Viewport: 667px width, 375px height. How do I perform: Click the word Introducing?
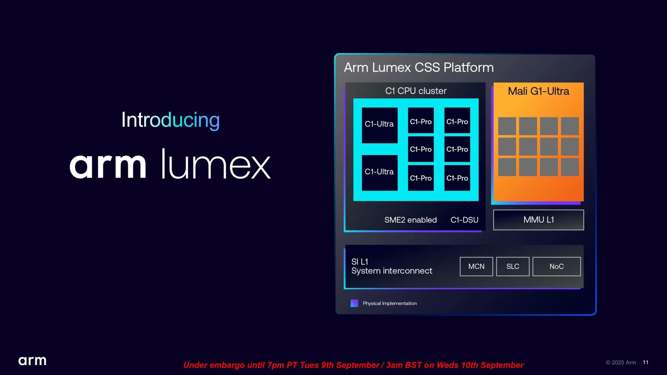171,120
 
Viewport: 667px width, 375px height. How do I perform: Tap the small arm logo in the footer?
32,361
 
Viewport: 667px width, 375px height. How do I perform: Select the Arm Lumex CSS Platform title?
419,67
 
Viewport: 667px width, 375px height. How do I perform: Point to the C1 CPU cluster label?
416,91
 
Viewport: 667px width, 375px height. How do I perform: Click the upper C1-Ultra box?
379,125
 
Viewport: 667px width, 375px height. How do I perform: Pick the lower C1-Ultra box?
379,172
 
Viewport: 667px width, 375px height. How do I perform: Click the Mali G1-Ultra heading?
538,91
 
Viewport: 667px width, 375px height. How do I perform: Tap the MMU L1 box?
538,220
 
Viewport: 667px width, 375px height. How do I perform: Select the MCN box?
476,266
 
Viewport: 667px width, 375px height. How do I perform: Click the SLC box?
513,266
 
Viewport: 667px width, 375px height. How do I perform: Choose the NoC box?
557,266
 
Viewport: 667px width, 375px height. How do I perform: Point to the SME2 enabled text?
411,220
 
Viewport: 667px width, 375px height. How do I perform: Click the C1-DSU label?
464,220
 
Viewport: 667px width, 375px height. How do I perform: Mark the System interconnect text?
392,271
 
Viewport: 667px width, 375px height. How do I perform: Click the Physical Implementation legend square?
354,303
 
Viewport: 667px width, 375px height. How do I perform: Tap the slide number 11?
646,362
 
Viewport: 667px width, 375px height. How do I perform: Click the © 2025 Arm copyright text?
621,362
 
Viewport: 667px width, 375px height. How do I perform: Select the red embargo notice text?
353,365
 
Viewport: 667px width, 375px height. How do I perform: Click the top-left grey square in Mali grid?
507,126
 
